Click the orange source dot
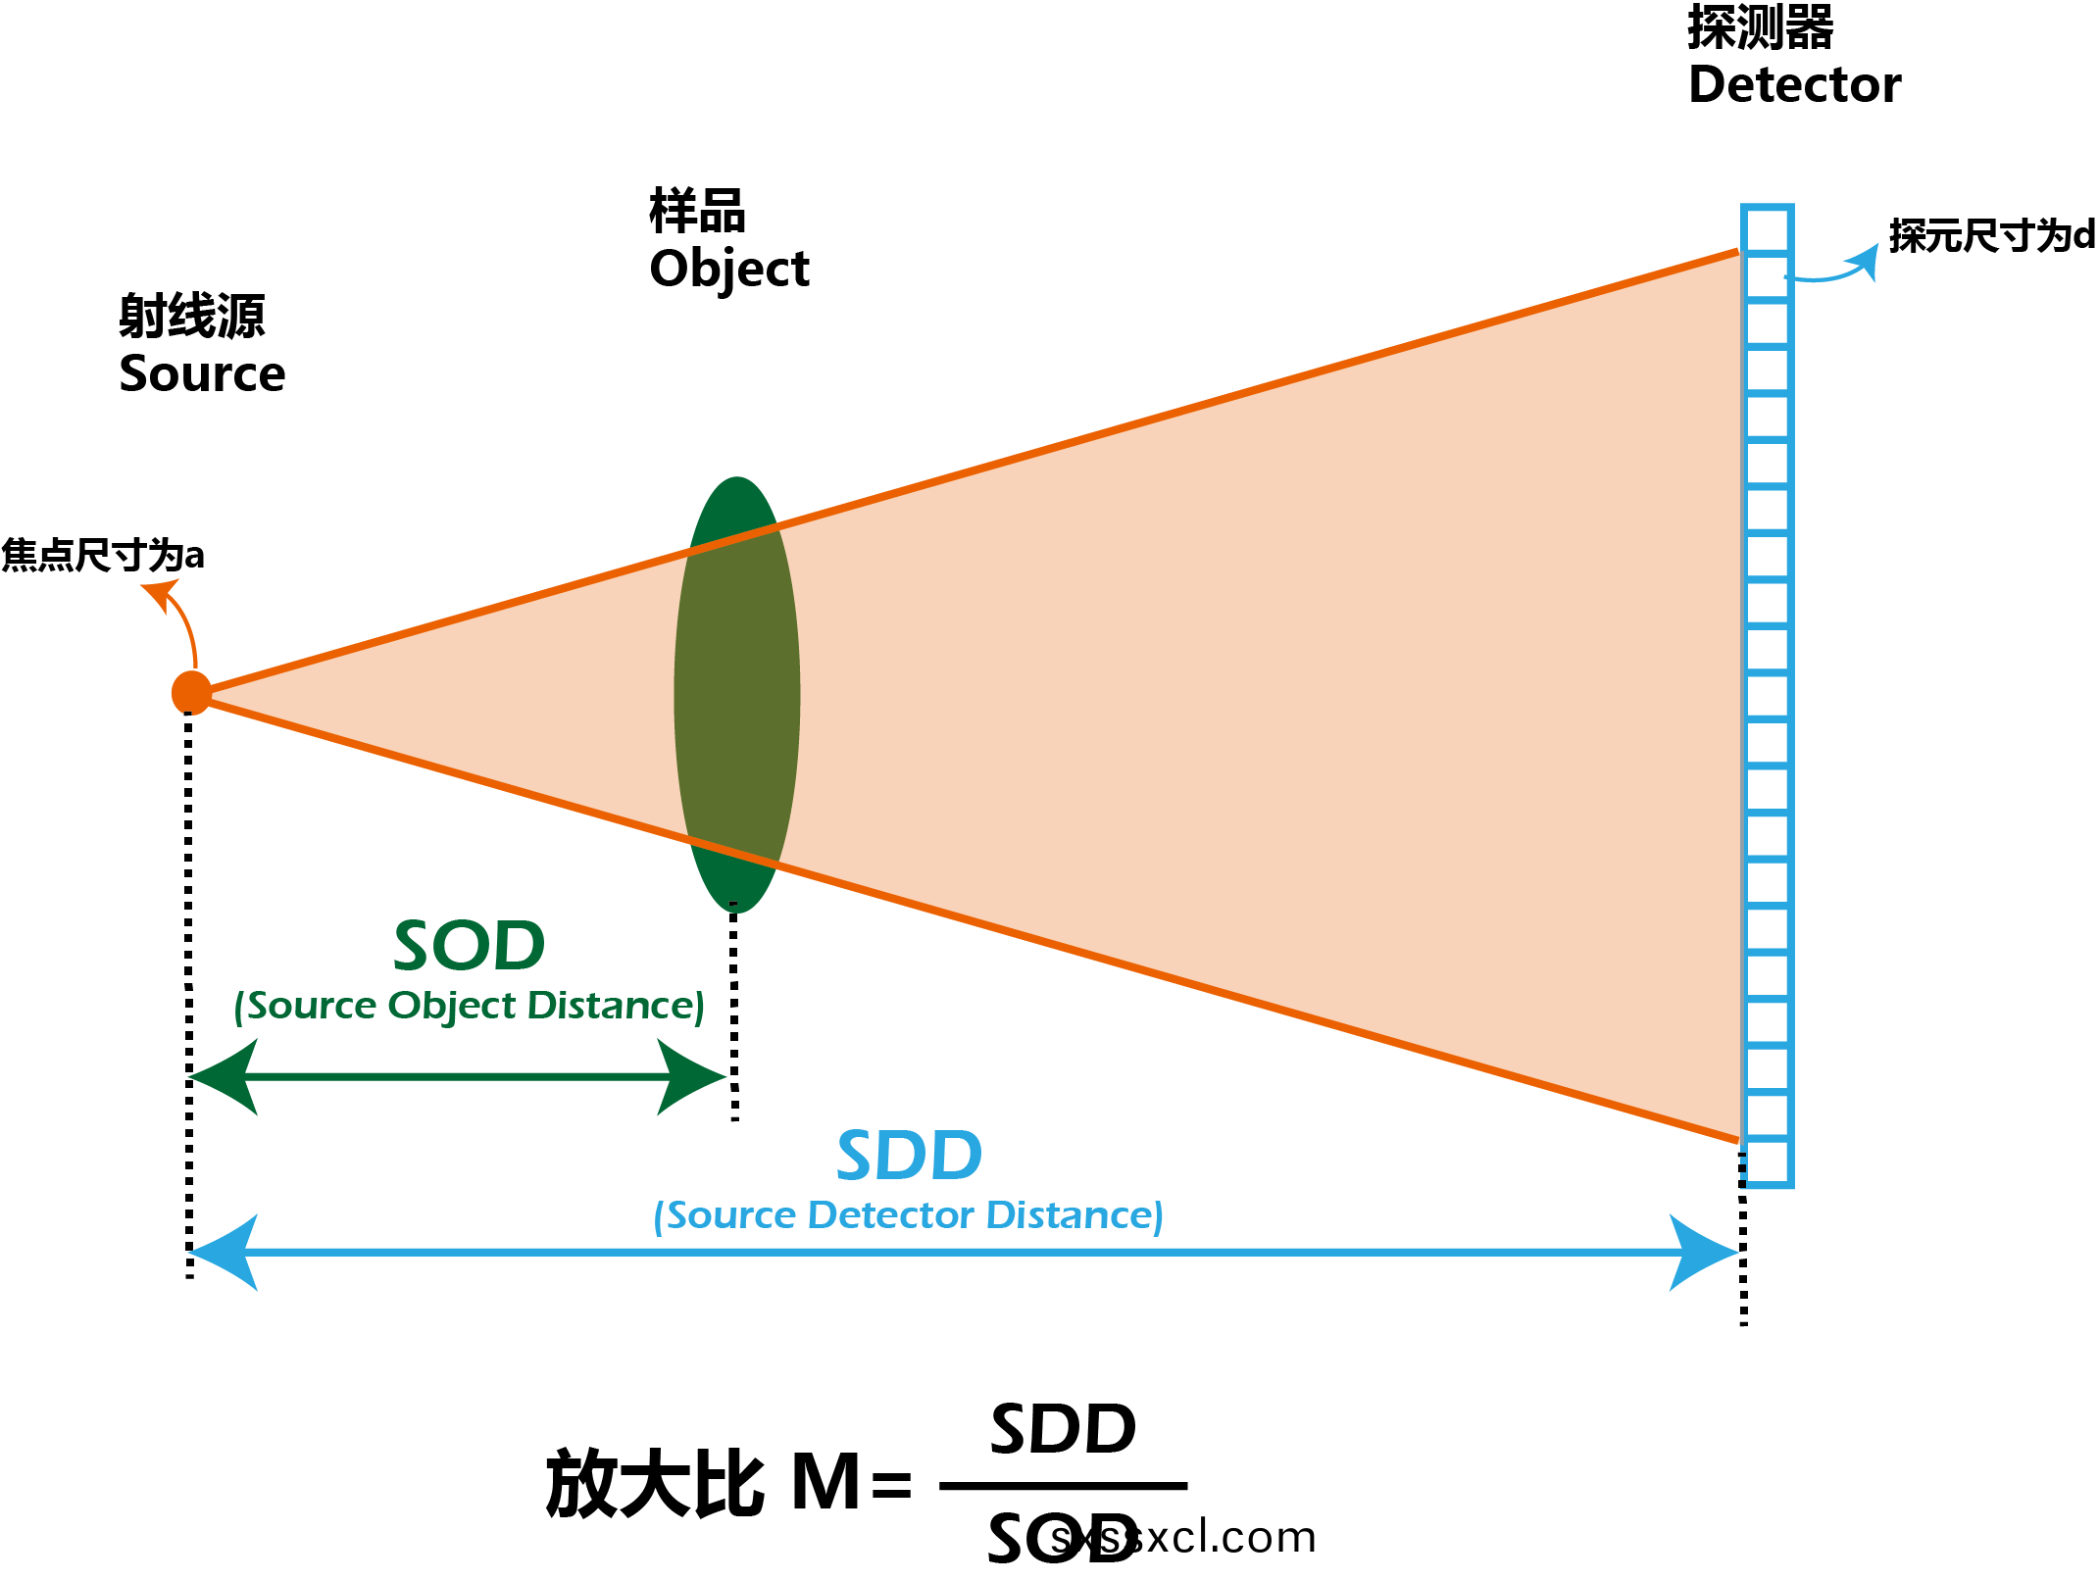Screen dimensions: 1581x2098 pyautogui.click(x=191, y=693)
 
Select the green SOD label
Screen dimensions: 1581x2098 pyautogui.click(x=469, y=946)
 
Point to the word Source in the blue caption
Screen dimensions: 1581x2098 pyautogui.click(x=731, y=1215)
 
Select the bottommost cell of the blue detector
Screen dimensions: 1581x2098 pyautogui.click(x=1768, y=1164)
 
